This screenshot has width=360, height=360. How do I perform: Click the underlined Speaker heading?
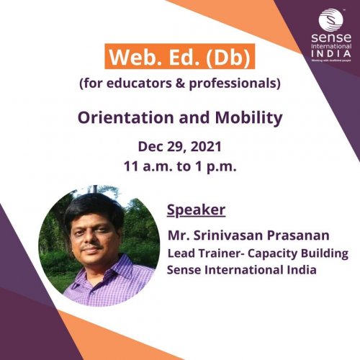pos(196,210)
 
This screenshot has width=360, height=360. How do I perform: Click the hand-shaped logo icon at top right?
pos(327,17)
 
